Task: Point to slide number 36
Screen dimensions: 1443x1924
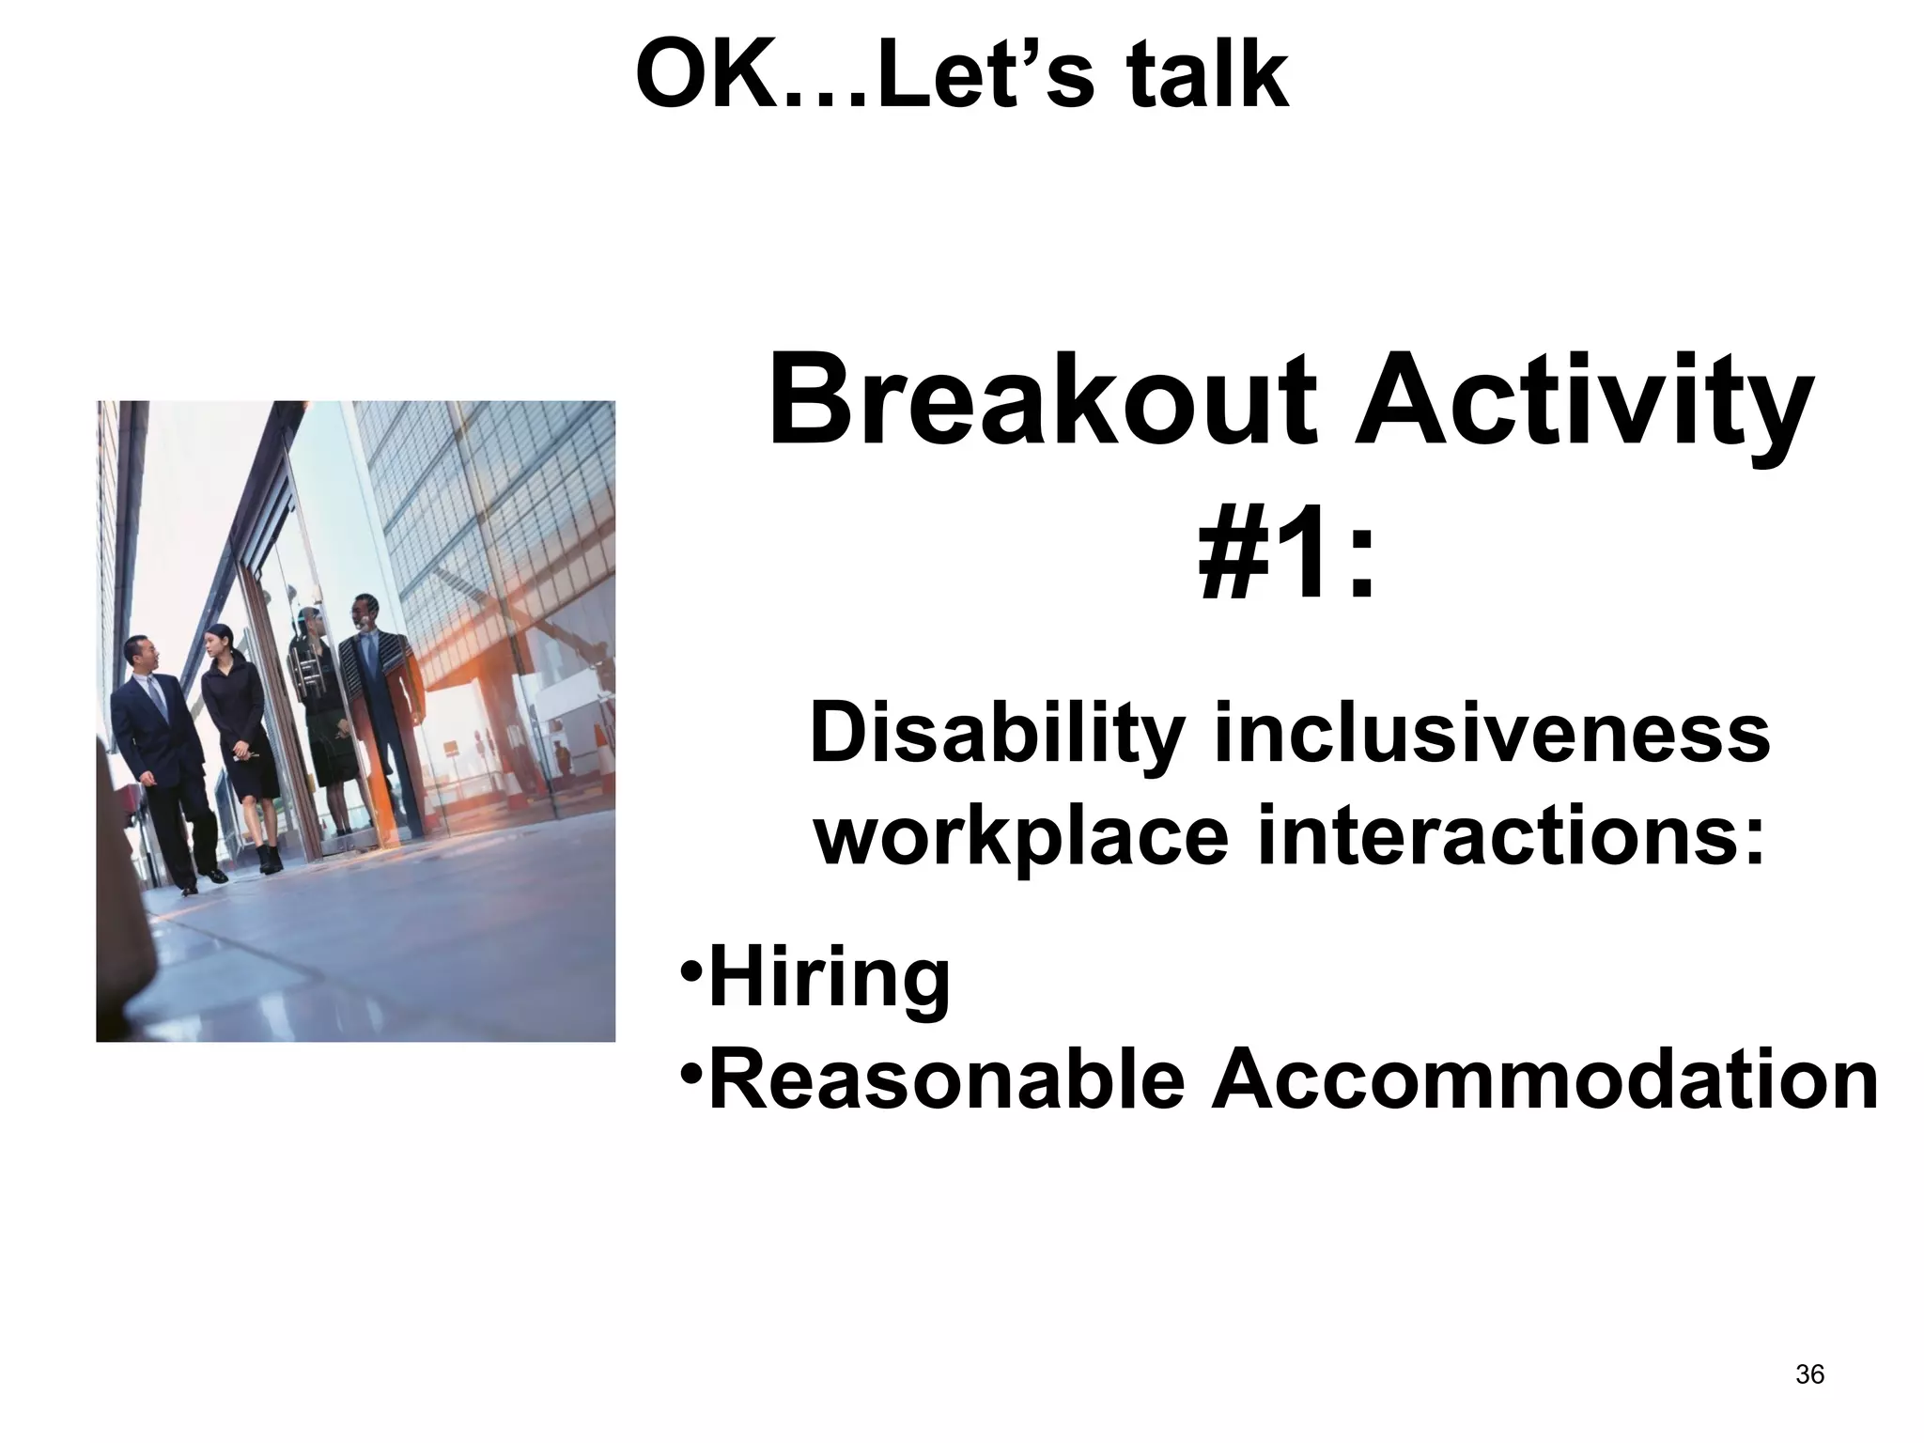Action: coord(1809,1374)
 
